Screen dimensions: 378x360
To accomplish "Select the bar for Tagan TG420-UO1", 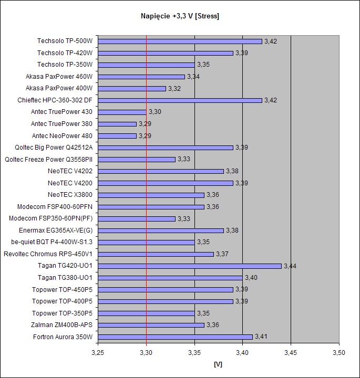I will point(190,266).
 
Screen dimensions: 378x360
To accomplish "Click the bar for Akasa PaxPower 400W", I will point(132,88).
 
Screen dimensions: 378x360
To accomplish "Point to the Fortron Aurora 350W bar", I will point(175,337).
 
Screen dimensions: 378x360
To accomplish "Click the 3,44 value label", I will point(290,266).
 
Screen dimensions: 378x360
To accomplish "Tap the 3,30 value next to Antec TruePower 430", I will point(155,112).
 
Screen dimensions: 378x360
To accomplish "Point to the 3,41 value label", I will point(261,337).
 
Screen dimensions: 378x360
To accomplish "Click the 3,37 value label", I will point(222,254).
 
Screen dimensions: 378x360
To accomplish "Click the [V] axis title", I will point(218,363).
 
